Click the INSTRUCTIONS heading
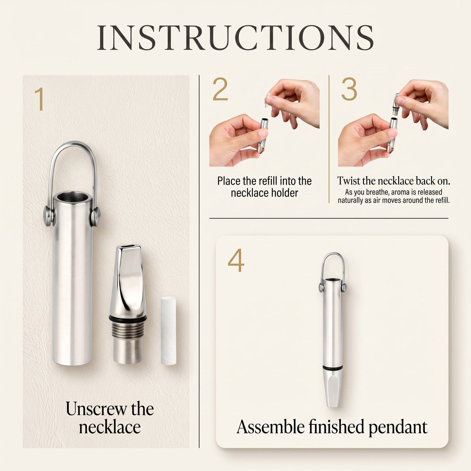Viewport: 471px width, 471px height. point(235,37)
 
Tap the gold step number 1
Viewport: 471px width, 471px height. point(39,99)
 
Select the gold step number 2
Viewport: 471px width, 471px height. point(220,89)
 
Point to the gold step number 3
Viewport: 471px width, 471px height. point(349,89)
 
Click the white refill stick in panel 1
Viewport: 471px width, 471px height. point(169,331)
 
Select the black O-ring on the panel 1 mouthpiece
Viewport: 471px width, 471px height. point(127,318)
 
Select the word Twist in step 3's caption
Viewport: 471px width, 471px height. point(348,181)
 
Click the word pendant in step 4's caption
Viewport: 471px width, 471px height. point(398,428)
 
